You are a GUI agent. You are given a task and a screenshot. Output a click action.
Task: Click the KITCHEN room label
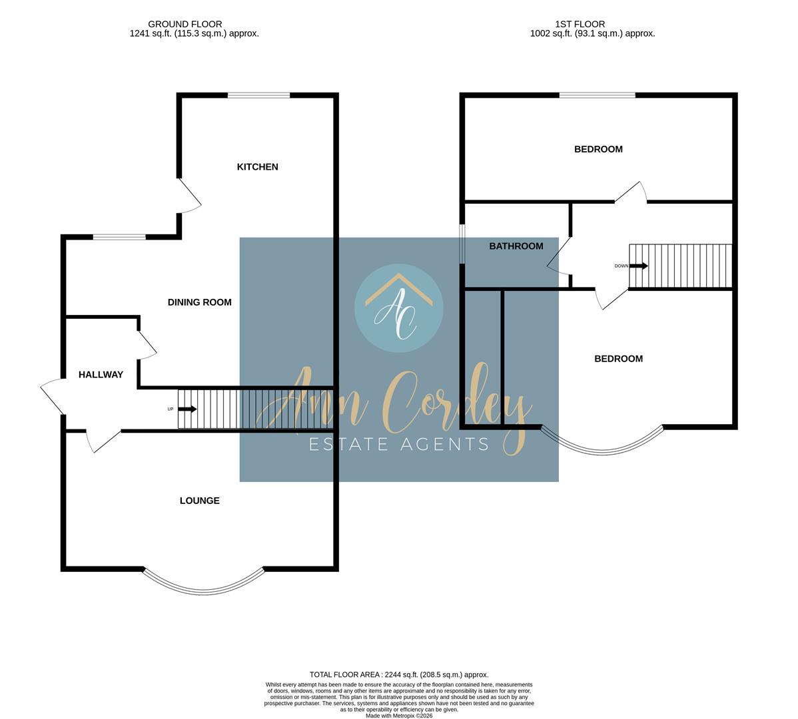point(257,166)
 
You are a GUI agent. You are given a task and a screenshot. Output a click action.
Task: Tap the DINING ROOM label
point(199,302)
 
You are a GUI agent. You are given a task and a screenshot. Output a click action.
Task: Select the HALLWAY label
point(101,375)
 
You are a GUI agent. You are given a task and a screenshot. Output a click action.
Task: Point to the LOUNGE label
point(199,501)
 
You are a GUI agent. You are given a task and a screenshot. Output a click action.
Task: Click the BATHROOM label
point(516,246)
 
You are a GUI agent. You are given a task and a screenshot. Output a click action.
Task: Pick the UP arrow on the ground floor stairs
point(188,409)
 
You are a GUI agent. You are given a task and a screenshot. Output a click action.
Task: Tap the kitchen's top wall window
point(258,96)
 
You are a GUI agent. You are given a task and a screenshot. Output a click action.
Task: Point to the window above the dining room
point(119,237)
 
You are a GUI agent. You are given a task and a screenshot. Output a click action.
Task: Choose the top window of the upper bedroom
point(597,96)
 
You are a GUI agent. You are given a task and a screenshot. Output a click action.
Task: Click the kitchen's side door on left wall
point(189,196)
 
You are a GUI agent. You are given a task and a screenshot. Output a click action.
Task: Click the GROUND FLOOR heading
point(185,24)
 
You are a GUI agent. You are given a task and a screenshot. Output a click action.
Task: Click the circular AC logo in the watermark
point(398,308)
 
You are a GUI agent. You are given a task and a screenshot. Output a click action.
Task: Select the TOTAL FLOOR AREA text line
point(399,674)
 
